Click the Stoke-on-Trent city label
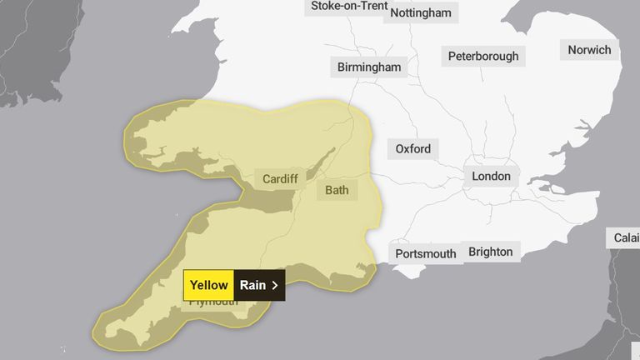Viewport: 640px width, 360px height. [350, 6]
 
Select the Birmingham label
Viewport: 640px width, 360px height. [369, 67]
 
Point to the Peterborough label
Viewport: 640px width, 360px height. [482, 57]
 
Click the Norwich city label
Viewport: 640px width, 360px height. [589, 50]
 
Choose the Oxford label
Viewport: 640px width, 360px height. [413, 149]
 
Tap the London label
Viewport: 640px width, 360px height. [492, 177]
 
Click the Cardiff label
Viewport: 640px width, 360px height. [281, 179]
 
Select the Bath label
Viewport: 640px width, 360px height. [337, 190]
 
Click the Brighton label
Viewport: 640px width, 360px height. [490, 251]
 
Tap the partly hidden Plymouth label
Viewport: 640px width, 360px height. [213, 302]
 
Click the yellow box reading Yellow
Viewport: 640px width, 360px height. [208, 285]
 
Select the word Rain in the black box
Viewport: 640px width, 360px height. [252, 285]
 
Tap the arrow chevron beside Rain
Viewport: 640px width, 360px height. [275, 285]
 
